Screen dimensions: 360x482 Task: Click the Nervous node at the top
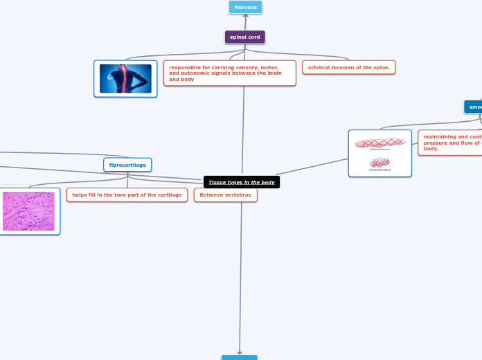(245, 8)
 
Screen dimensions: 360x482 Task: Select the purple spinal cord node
(244, 37)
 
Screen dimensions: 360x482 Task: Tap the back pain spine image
(125, 78)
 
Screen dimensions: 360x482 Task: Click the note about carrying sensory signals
(229, 73)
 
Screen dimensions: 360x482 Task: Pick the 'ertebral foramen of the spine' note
(348, 67)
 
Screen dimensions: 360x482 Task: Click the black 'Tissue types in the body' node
(242, 182)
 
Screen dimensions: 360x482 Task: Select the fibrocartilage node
(127, 165)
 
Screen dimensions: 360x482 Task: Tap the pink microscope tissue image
(28, 211)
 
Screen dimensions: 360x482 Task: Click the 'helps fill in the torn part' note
(127, 195)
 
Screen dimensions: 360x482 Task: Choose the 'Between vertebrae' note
(225, 195)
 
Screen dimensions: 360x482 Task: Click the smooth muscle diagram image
(380, 153)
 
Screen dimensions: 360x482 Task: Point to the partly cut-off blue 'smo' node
(474, 107)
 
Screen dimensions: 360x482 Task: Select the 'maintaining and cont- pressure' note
(451, 143)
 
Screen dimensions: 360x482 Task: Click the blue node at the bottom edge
(239, 357)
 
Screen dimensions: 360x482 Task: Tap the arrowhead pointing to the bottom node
(240, 352)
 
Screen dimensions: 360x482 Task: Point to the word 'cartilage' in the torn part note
(168, 195)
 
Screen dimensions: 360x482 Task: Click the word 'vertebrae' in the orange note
(238, 195)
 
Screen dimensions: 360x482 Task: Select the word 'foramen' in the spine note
(343, 67)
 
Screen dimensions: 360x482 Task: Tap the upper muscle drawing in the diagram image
(380, 143)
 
